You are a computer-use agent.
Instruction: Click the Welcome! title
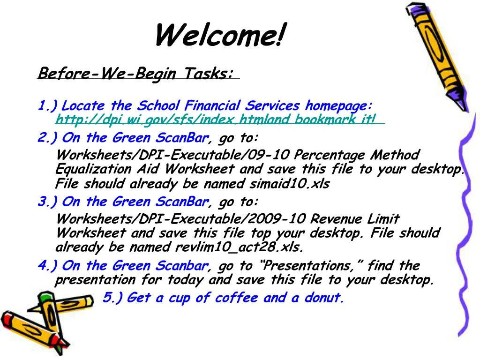(220, 36)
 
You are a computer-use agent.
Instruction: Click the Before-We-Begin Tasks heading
(135, 74)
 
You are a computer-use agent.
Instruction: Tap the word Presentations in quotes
(309, 266)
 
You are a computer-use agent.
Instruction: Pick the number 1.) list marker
(48, 105)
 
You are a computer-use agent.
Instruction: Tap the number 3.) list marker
(48, 202)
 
